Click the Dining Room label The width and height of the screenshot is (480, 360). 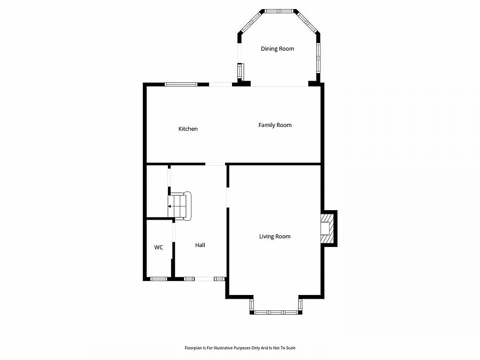tap(277, 49)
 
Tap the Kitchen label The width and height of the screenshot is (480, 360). tap(188, 129)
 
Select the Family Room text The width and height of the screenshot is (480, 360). tap(275, 125)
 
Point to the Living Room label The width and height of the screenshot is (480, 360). tap(275, 237)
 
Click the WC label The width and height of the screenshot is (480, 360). tap(158, 247)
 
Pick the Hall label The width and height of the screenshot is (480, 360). tap(200, 245)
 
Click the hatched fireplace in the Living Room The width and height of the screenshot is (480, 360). tap(326, 228)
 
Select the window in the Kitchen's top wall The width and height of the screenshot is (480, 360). tap(181, 84)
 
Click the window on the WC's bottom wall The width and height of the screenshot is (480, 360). tap(158, 279)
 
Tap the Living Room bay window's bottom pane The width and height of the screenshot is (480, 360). tap(276, 312)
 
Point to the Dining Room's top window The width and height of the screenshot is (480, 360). tap(279, 11)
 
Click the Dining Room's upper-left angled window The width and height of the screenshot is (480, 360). tap(251, 21)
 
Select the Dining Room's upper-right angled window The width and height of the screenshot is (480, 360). tap(307, 21)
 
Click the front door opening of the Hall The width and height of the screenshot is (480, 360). tap(204, 279)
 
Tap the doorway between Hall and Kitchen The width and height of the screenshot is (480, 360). tap(215, 164)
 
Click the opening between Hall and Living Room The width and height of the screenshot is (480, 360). tap(227, 197)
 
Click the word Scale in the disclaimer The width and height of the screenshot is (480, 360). tap(290, 348)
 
